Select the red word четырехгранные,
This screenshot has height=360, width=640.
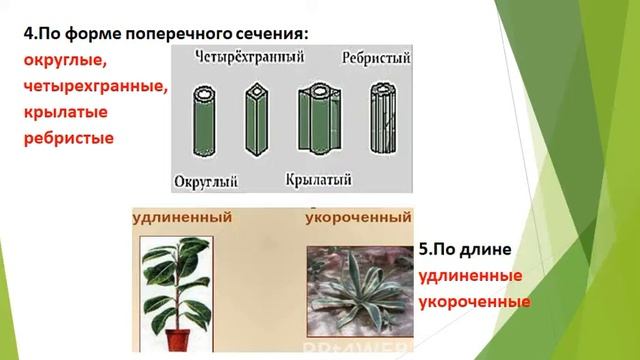[x=94, y=87]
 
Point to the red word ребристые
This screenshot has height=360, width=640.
[x=69, y=139]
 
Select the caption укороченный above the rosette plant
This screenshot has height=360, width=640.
[x=358, y=216]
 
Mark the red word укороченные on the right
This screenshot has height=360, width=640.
[x=473, y=300]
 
